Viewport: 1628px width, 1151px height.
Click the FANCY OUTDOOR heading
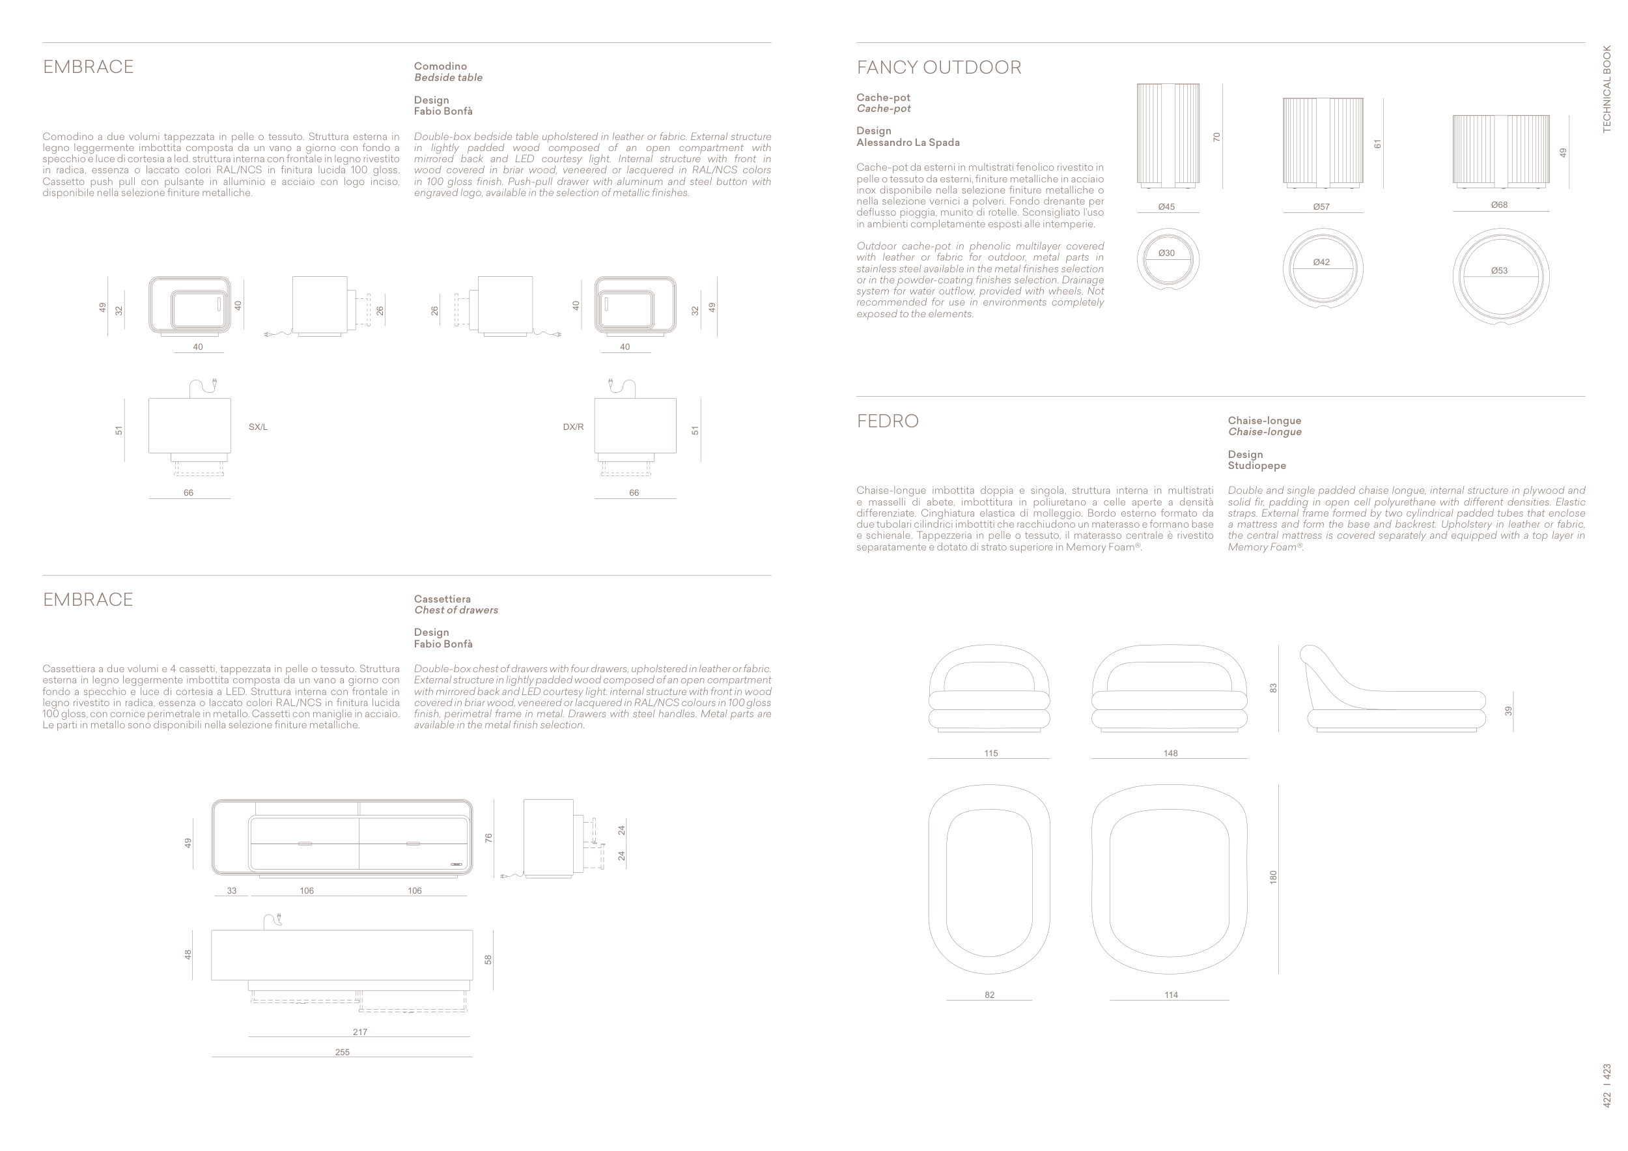pos(938,67)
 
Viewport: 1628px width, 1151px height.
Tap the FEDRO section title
pos(887,421)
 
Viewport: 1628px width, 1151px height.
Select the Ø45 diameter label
pos(1166,207)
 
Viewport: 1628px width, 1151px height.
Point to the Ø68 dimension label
pos(1499,205)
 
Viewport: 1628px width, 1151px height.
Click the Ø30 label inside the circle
pos(1166,253)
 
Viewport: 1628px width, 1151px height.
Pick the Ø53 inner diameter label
pos(1499,271)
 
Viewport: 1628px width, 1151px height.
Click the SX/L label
pos(258,427)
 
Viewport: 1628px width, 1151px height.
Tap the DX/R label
pos(573,427)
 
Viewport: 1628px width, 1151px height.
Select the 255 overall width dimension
pos(343,1053)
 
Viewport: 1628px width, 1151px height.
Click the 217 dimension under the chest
pos(360,1032)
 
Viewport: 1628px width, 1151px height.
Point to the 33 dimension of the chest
pos(232,890)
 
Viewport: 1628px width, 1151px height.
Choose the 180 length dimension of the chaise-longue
pos(1272,877)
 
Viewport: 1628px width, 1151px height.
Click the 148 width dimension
pos(1171,753)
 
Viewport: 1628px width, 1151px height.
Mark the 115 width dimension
pos(991,753)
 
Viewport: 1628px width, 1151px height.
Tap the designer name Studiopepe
pos(1256,466)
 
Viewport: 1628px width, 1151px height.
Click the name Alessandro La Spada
pos(908,143)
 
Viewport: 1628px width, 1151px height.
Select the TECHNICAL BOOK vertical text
pos(1607,89)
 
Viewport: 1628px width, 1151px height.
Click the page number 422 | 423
pos(1607,1086)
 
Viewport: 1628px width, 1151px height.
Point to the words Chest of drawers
pos(456,610)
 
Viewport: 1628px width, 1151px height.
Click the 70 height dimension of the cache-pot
pos(1216,137)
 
